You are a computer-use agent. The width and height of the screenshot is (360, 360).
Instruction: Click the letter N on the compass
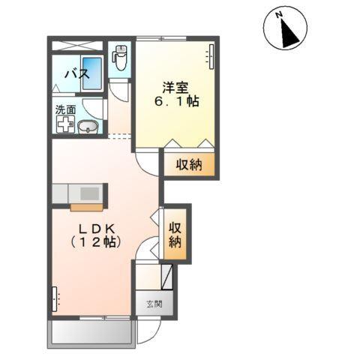[x=279, y=15]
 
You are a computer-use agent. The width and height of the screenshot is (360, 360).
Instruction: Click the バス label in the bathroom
[x=77, y=74]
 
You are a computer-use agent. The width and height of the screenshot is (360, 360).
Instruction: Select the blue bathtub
[x=92, y=73]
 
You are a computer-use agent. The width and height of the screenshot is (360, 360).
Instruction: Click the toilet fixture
[x=120, y=58]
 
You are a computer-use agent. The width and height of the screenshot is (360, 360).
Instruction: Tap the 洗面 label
[x=65, y=109]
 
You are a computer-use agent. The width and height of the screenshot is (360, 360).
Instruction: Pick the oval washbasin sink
[x=88, y=127]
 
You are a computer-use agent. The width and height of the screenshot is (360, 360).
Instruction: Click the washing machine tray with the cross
[x=65, y=124]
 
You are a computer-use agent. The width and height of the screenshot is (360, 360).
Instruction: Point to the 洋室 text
[x=175, y=88]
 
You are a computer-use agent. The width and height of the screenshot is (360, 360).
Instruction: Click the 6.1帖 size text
[x=177, y=101]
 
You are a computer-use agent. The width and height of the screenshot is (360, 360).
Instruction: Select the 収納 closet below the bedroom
[x=189, y=164]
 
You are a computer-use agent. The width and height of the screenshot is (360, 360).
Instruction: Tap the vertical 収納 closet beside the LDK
[x=175, y=234]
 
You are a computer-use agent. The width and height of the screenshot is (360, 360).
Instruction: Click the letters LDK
[x=97, y=229]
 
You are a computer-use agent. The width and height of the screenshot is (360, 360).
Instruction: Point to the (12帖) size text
[x=96, y=242]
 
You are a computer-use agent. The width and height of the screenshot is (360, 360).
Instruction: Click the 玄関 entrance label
[x=154, y=304]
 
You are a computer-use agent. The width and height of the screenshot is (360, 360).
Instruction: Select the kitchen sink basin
[x=89, y=193]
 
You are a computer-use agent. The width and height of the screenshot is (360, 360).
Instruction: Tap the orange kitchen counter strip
[x=86, y=208]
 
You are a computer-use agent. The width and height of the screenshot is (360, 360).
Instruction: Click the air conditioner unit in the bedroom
[x=211, y=57]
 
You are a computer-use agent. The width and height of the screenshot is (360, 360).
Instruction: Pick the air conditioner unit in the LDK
[x=55, y=299]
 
